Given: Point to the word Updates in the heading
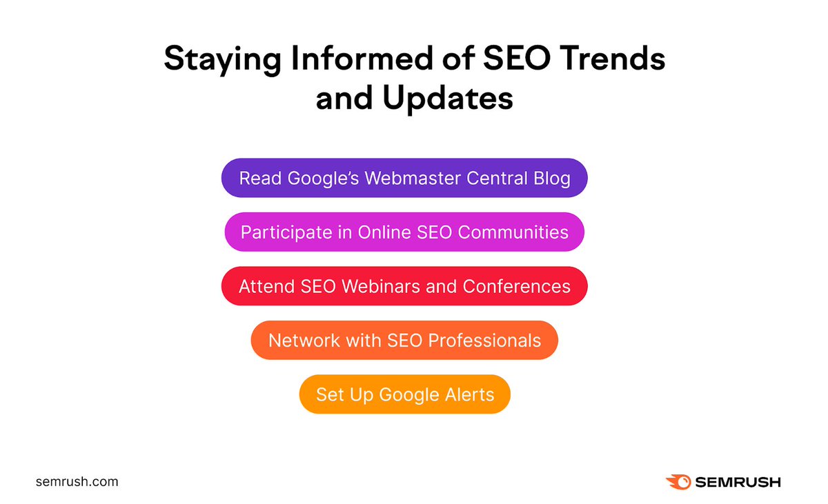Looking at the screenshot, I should pyautogui.click(x=448, y=99).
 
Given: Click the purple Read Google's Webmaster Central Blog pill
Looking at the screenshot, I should pyautogui.click(x=404, y=179).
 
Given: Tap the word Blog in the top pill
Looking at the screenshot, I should pyautogui.click(x=550, y=179).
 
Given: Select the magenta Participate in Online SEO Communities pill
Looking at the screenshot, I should pyautogui.click(x=404, y=232).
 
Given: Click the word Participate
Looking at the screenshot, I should pyautogui.click(x=286, y=232).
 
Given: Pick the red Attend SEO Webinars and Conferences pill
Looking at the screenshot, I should pyautogui.click(x=404, y=285).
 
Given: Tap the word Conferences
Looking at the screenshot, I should pyautogui.click(x=517, y=285).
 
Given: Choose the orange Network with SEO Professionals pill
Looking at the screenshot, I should pyautogui.click(x=404, y=340).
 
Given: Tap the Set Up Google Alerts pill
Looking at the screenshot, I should pyautogui.click(x=404, y=394).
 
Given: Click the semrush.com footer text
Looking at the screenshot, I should pyautogui.click(x=77, y=482).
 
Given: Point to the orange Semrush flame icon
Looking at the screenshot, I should pyautogui.click(x=678, y=482).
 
